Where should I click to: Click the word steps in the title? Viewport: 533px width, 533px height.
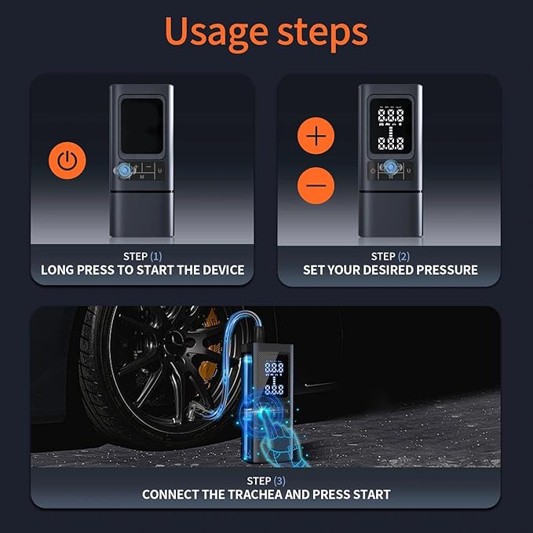321,33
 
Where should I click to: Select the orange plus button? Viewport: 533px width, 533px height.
316,137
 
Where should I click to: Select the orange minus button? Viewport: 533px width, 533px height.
316,186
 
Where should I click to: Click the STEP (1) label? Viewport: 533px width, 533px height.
142,257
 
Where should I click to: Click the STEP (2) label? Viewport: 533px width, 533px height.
390,257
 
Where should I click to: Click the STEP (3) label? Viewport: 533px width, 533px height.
265,480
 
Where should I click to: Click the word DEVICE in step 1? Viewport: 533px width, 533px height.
221,270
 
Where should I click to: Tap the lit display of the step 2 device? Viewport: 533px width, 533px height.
390,129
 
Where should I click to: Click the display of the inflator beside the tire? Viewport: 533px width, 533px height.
275,378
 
